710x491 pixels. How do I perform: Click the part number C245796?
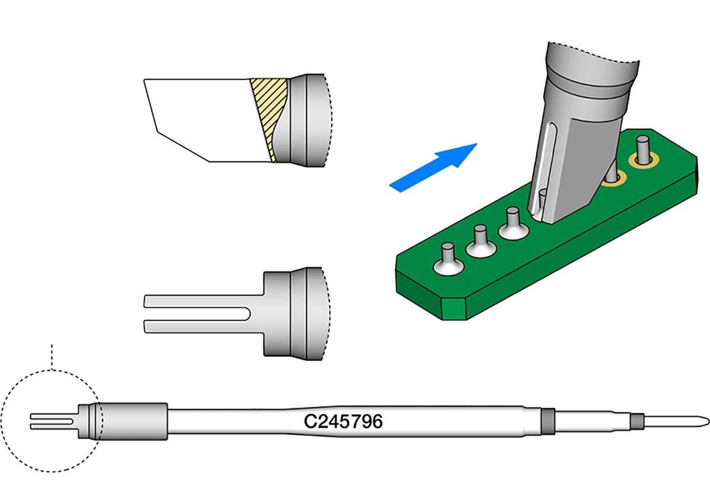pos(343,422)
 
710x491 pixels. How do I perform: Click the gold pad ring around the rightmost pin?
pos(643,161)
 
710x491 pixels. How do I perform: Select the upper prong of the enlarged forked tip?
pos(194,301)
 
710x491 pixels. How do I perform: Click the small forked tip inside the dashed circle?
pos(53,421)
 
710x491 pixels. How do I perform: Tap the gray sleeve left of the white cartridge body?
pos(133,421)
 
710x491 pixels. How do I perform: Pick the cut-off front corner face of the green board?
pos(453,308)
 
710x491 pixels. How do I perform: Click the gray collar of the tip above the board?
pos(588,89)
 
